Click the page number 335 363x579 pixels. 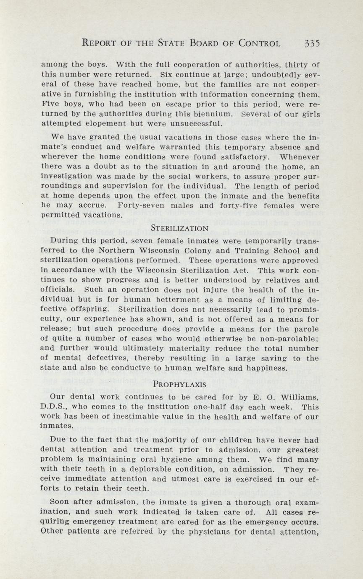point(313,43)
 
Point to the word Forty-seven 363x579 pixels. point(141,206)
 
